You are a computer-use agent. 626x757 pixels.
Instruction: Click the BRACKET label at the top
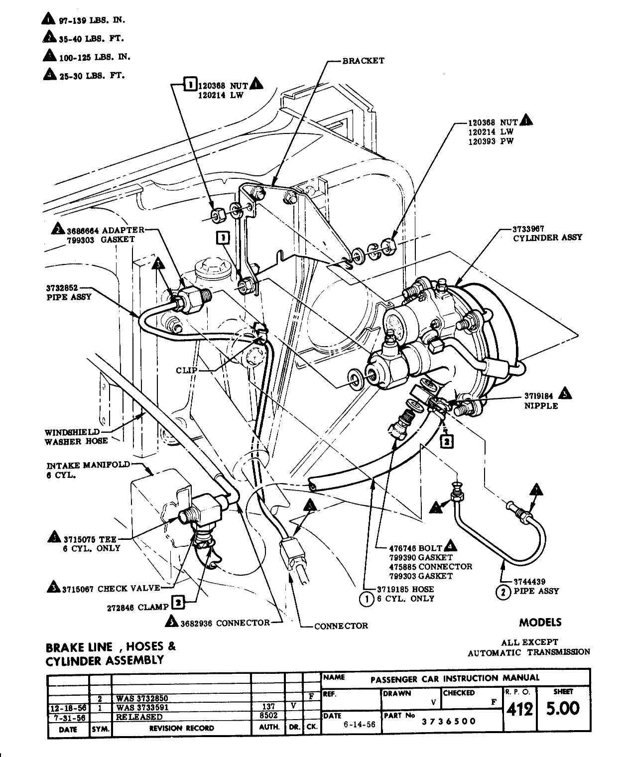click(x=363, y=61)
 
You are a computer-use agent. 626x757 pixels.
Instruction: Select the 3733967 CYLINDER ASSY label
click(x=547, y=234)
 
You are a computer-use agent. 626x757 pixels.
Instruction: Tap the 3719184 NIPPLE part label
click(x=540, y=401)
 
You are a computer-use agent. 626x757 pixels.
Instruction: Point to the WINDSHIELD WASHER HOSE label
click(x=76, y=436)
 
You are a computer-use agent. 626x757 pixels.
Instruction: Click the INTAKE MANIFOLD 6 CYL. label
click(x=88, y=470)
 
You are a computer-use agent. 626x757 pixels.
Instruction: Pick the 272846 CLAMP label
click(x=138, y=608)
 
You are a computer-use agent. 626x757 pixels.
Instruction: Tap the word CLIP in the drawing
click(x=187, y=370)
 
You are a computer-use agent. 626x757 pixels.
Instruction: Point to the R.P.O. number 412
click(x=518, y=708)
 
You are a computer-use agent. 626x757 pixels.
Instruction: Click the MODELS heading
click(x=540, y=622)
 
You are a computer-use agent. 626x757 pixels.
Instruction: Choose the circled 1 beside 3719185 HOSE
click(x=366, y=599)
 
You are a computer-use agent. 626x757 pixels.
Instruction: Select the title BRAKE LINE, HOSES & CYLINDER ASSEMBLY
click(x=111, y=653)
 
